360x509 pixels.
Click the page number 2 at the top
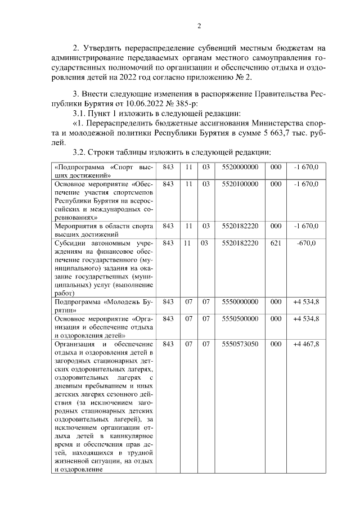point(199,25)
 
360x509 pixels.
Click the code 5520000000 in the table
point(240,168)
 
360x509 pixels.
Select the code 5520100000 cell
point(240,184)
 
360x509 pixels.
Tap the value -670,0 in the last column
point(306,243)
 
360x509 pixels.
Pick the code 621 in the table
point(276,243)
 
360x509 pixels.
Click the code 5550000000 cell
point(240,302)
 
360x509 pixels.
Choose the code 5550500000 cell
point(240,318)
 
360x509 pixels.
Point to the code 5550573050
point(240,343)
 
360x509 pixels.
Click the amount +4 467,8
point(306,343)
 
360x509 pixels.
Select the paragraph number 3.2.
point(82,153)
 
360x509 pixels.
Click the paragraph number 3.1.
point(82,112)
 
